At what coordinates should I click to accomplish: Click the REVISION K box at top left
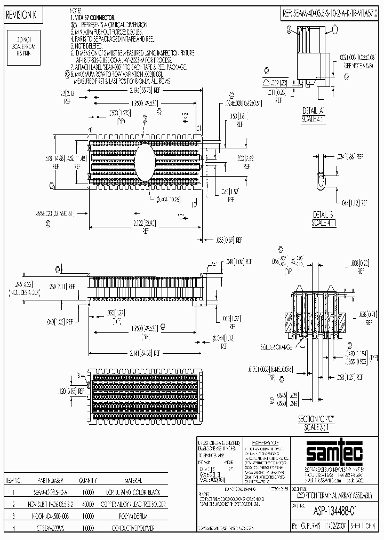[21, 15]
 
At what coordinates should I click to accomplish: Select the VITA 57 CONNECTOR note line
[92, 18]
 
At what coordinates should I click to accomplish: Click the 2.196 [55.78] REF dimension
[142, 92]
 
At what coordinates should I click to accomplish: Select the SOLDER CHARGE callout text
[275, 346]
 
